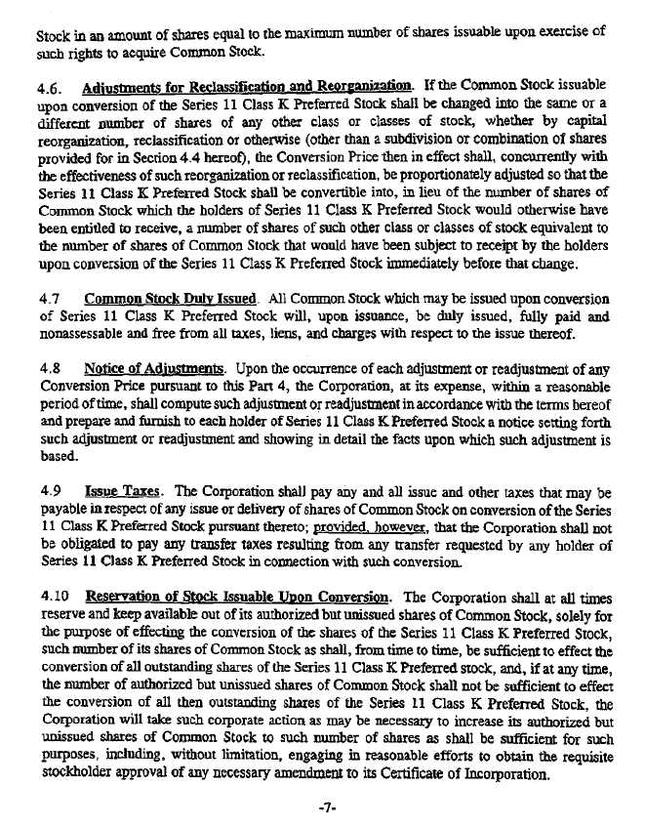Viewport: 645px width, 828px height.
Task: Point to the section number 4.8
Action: coord(50,367)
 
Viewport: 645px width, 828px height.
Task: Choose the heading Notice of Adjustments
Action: coord(155,367)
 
